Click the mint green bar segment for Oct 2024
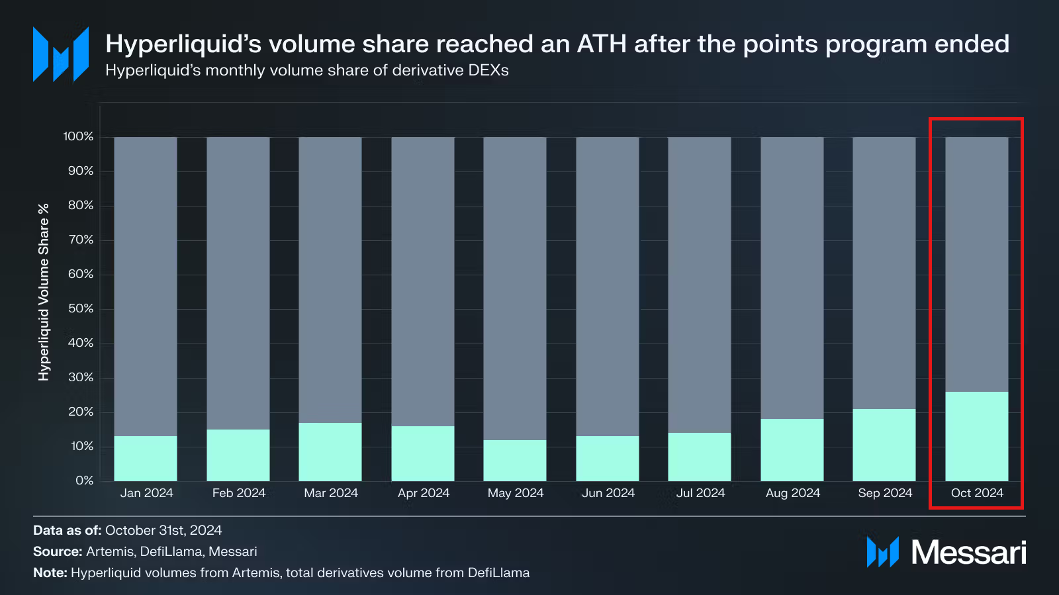coord(976,436)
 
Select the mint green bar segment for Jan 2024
coord(146,458)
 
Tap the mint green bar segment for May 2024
coord(515,460)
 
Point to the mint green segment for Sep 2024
coord(884,445)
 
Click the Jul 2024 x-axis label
coord(700,493)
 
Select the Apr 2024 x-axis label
coord(424,493)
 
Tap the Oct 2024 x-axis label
coord(977,493)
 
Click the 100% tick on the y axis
coord(78,136)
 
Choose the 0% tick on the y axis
coord(84,481)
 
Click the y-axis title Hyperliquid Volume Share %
coord(44,292)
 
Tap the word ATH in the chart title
coord(602,44)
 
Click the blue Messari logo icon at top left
coord(61,54)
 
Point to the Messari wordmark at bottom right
coord(968,552)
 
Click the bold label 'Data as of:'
coord(67,530)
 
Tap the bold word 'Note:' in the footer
coord(50,572)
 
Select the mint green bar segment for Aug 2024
coord(792,450)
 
